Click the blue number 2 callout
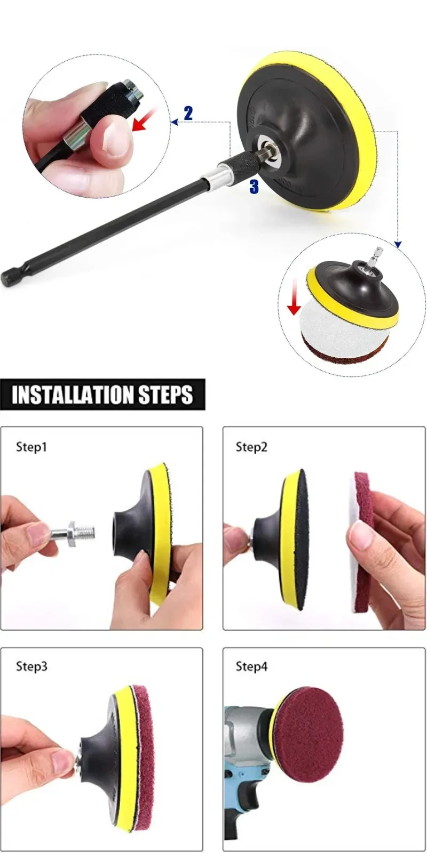coord(188,113)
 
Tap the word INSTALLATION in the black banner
coord(73,395)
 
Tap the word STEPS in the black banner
coord(165,395)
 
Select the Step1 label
coord(31,447)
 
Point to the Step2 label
coord(251,447)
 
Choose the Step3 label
coord(31,666)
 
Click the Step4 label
coord(251,666)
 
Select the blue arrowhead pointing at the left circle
coord(175,122)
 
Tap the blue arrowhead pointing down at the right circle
coord(398,244)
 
